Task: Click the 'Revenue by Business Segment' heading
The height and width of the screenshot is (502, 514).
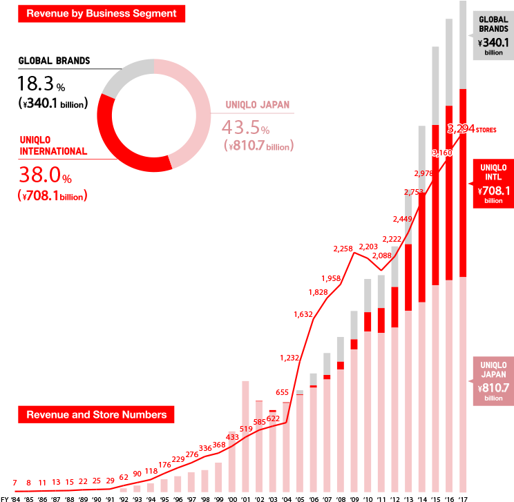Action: coord(101,13)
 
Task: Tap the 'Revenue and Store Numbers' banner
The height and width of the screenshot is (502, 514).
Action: coord(96,415)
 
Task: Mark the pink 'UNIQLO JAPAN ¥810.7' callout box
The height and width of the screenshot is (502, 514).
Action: coord(493,381)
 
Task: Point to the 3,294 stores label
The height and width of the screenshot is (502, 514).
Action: coord(471,129)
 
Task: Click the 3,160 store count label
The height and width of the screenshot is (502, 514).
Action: coord(442,152)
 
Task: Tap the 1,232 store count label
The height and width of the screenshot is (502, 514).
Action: coord(291,358)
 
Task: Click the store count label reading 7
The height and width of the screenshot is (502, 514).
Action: coord(15,481)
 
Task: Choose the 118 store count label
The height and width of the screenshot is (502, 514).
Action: coord(151,471)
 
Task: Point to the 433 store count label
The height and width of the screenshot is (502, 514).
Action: coord(233,437)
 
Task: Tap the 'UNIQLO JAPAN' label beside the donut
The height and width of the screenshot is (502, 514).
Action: coord(258,106)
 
